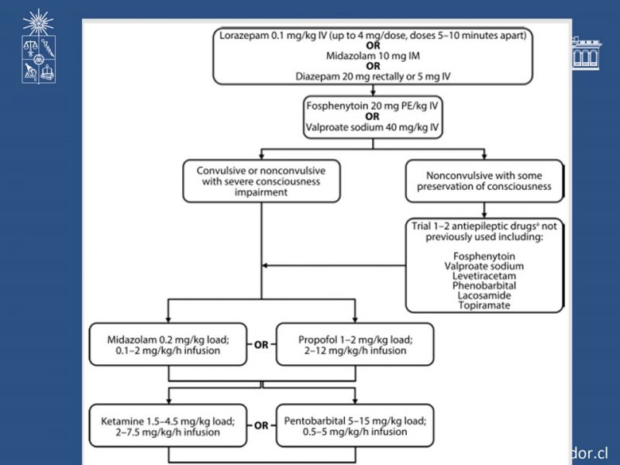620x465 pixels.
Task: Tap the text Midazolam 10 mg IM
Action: pyautogui.click(x=373, y=56)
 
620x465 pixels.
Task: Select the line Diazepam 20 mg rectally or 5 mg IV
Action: pyautogui.click(x=373, y=76)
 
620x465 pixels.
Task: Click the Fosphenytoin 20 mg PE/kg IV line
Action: pyautogui.click(x=373, y=106)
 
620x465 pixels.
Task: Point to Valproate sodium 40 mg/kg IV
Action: pyautogui.click(x=373, y=127)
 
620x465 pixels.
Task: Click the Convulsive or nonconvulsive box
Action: pyautogui.click(x=261, y=181)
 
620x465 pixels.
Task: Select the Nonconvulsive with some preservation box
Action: pyautogui.click(x=484, y=181)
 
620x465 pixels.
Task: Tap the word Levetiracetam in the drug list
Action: pyautogui.click(x=484, y=276)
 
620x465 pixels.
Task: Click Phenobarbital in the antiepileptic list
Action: pyautogui.click(x=484, y=285)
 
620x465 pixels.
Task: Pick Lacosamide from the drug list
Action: pyautogui.click(x=484, y=295)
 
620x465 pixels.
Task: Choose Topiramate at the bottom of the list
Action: pyautogui.click(x=484, y=305)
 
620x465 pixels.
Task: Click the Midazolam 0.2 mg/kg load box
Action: pyautogui.click(x=168, y=344)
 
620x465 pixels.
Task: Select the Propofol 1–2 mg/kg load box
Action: pyautogui.click(x=355, y=344)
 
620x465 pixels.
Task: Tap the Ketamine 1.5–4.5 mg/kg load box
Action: pyautogui.click(x=168, y=425)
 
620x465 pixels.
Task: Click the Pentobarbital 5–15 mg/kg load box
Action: pyautogui.click(x=355, y=425)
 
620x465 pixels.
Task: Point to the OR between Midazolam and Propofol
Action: pyautogui.click(x=261, y=345)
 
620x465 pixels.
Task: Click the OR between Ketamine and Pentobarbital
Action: pyautogui.click(x=261, y=425)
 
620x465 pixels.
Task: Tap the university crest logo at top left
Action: pyautogui.click(x=38, y=46)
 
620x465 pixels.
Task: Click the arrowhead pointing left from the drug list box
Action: pyautogui.click(x=264, y=265)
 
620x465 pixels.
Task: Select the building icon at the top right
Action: pyautogui.click(x=587, y=53)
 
